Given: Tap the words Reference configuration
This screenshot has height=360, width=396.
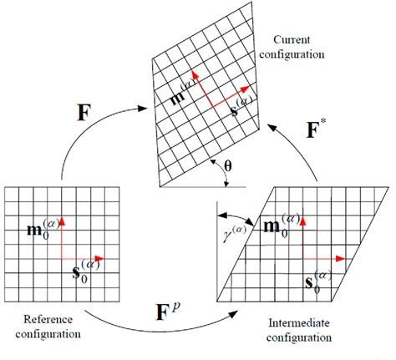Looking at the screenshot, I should (x=44, y=327).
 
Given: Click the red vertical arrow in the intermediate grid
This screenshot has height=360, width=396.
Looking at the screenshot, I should (x=301, y=238).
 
